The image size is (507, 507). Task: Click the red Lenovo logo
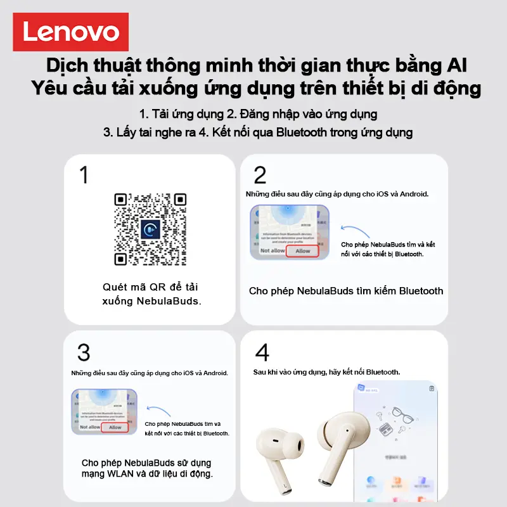pyautogui.click(x=71, y=32)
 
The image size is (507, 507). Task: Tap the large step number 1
pyautogui.click(x=84, y=176)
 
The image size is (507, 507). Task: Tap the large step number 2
pyautogui.click(x=260, y=176)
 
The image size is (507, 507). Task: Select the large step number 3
pyautogui.click(x=84, y=352)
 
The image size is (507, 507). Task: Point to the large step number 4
pyautogui.click(x=261, y=352)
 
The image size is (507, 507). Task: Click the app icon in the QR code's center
pyautogui.click(x=150, y=229)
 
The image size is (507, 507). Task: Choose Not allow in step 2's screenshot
pyautogui.click(x=272, y=251)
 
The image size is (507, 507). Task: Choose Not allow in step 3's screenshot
pyautogui.click(x=89, y=427)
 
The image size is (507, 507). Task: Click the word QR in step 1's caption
pyautogui.click(x=157, y=287)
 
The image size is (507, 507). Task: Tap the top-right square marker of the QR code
pyautogui.click(x=179, y=200)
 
